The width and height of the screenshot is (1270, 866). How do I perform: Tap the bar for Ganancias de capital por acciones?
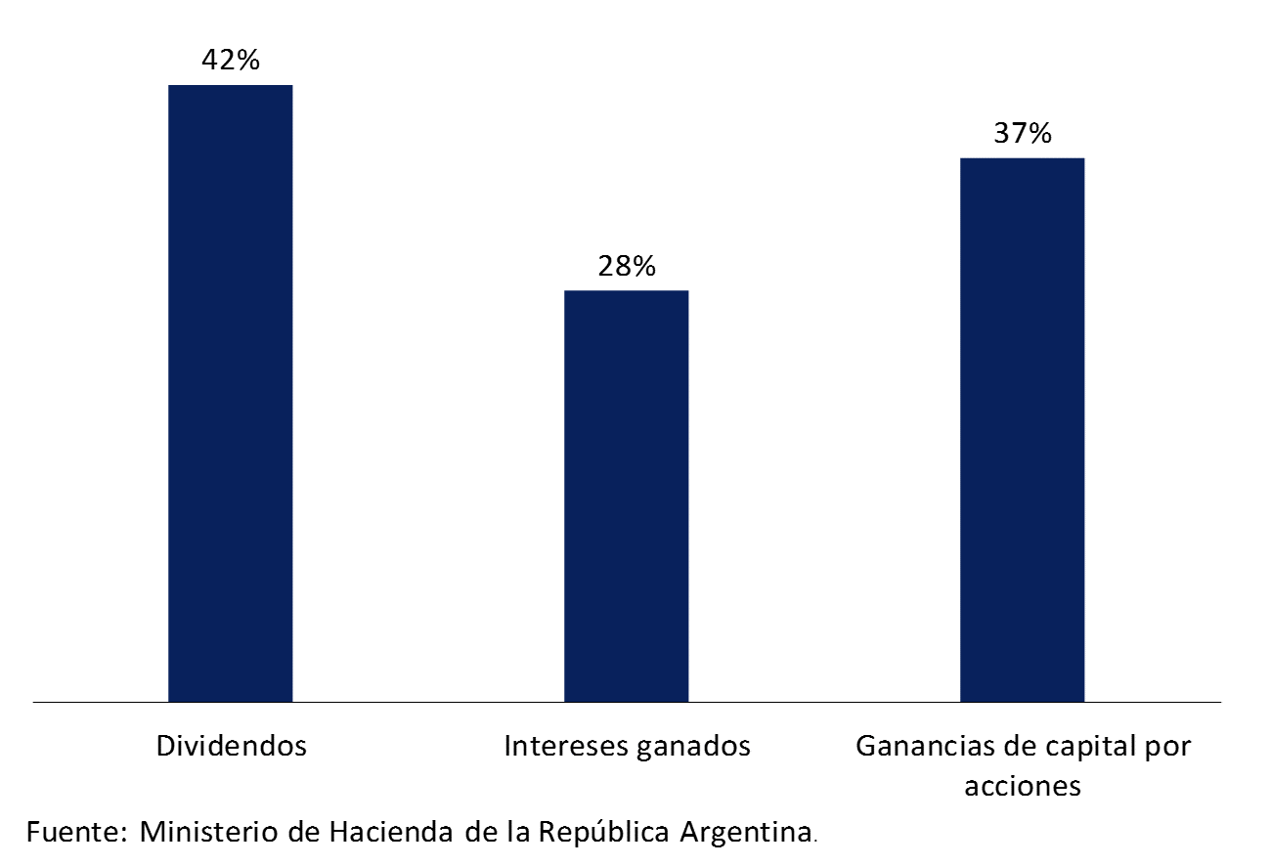[x=1022, y=429]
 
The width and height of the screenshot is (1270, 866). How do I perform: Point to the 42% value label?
[x=231, y=61]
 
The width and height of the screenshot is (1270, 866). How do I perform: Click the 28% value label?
[x=627, y=266]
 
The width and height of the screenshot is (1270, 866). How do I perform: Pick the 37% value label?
[x=1023, y=133]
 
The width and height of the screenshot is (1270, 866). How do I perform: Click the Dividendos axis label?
[x=232, y=747]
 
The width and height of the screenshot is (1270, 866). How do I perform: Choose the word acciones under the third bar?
[x=1023, y=786]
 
